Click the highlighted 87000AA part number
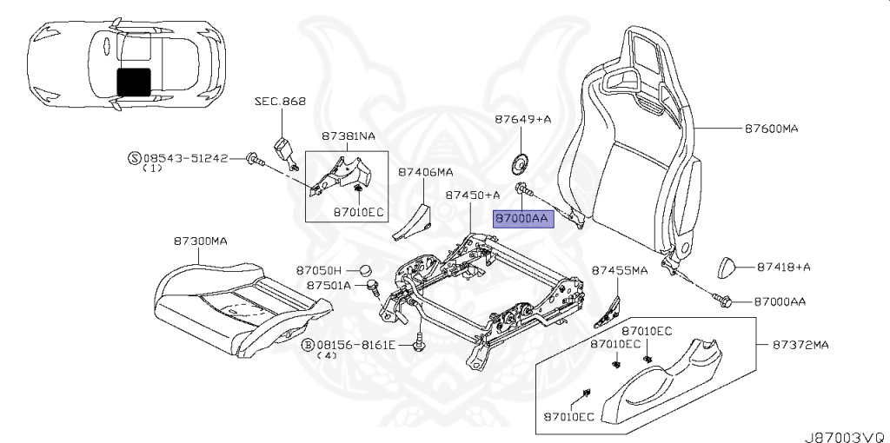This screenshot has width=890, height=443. tap(522, 218)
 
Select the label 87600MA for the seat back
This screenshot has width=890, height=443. tap(772, 129)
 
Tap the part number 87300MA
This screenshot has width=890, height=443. tap(201, 241)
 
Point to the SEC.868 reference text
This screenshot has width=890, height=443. tap(280, 102)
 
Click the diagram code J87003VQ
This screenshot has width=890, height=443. tap(847, 437)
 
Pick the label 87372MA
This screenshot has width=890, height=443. tap(800, 344)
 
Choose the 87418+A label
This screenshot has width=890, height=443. tap(784, 268)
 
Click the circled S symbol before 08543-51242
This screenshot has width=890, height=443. tap(134, 158)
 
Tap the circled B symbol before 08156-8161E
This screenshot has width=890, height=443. tap(308, 344)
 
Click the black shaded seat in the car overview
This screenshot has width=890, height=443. tap(134, 82)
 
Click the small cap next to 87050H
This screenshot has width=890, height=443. tap(367, 270)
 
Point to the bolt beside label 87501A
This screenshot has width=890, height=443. tap(374, 287)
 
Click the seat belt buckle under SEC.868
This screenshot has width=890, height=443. tap(284, 152)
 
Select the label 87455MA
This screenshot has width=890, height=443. tap(620, 270)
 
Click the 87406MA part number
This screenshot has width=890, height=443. tap(425, 172)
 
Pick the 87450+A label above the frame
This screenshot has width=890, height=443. tap(472, 195)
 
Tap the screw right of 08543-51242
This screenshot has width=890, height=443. tap(255, 159)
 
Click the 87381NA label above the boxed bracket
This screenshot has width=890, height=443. tap(349, 136)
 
